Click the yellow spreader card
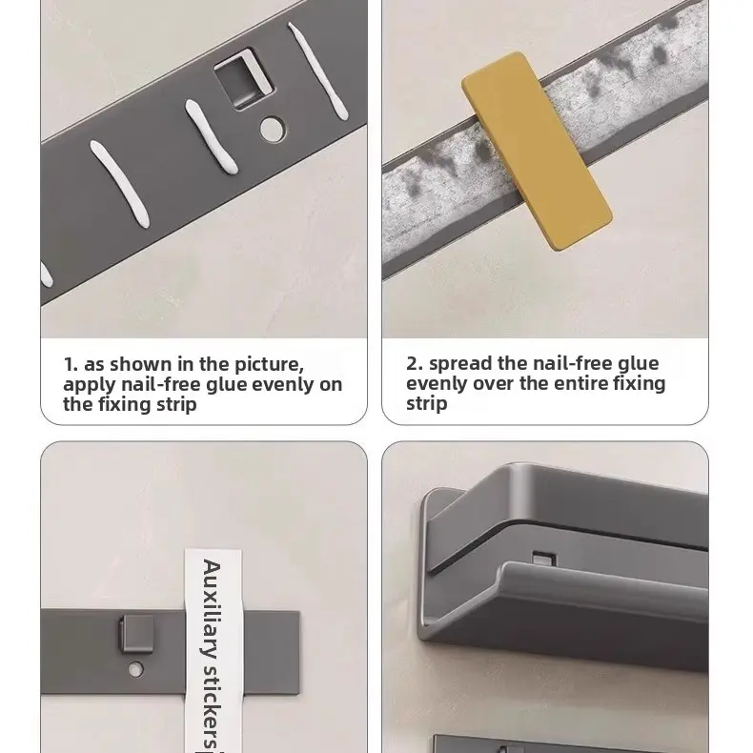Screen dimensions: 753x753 click(537, 151)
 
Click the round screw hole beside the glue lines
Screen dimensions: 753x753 click(273, 130)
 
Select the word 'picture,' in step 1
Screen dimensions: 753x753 click(269, 364)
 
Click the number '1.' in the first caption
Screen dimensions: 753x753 click(71, 364)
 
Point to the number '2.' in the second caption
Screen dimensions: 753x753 click(415, 363)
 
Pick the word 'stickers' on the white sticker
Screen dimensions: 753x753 click(212, 706)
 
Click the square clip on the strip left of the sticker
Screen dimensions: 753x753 click(136, 634)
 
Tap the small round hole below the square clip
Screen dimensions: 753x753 click(135, 669)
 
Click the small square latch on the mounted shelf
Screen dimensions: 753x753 click(544, 560)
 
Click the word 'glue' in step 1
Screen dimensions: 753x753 click(227, 385)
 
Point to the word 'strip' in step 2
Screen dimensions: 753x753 click(426, 404)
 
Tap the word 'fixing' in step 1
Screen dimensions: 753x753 click(125, 405)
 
